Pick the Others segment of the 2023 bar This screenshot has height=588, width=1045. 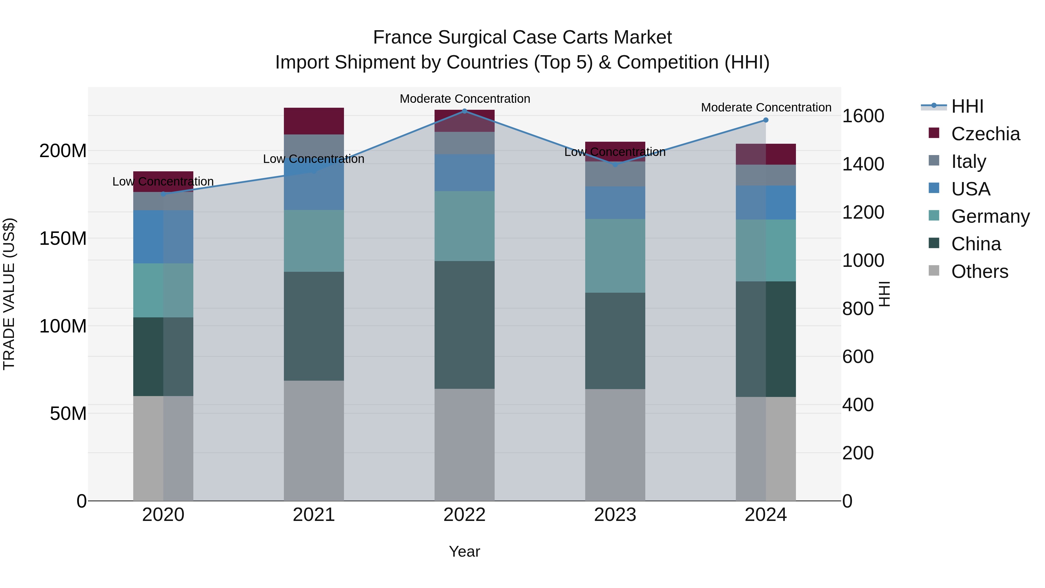point(615,445)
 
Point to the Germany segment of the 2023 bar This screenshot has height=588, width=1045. point(615,256)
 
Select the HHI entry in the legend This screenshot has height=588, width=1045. point(967,106)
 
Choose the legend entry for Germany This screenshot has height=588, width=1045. point(990,216)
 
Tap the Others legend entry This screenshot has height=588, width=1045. point(979,271)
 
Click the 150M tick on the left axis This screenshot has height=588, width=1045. point(63,239)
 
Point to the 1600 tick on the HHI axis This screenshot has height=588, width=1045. point(863,116)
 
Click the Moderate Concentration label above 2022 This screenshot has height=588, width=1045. point(465,99)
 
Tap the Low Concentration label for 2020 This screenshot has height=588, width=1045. point(163,181)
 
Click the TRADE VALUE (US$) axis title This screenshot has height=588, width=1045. point(9,294)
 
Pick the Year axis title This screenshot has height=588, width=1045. point(464,551)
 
